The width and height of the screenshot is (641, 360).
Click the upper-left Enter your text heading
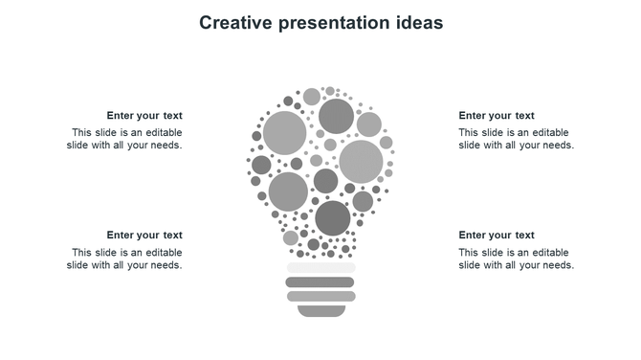click(144, 116)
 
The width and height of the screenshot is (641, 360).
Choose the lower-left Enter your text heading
click(144, 236)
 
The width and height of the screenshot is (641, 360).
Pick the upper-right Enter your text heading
click(497, 116)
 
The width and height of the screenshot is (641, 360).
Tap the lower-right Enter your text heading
click(497, 236)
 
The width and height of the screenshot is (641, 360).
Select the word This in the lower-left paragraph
click(82, 253)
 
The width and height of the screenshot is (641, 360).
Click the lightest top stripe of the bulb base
click(320, 268)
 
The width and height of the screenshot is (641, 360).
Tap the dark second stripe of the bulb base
click(320, 282)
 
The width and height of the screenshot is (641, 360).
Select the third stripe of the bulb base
click(320, 297)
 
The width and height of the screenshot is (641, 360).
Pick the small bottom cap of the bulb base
click(320, 310)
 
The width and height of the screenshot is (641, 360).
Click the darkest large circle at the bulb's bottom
click(333, 218)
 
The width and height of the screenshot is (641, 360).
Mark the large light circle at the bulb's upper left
click(284, 132)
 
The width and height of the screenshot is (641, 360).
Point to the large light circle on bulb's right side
click(361, 162)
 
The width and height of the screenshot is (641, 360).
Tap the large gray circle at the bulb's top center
click(336, 117)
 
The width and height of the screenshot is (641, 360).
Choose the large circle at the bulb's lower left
click(288, 191)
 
